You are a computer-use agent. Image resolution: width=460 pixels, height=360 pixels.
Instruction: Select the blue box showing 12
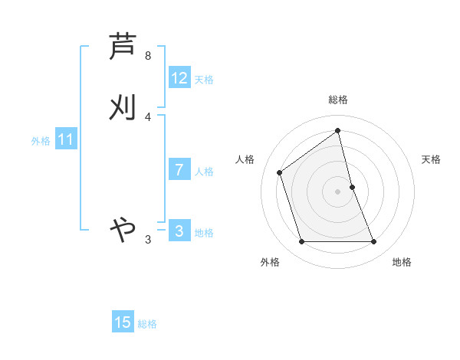[x=179, y=78]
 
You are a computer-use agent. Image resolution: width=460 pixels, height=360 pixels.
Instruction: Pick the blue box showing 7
[x=179, y=170]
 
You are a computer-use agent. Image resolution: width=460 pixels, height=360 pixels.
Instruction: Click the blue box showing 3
[x=179, y=231]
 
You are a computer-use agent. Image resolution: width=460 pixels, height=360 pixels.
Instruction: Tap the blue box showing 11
[x=65, y=140]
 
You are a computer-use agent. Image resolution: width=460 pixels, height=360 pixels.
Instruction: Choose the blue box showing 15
[x=123, y=322]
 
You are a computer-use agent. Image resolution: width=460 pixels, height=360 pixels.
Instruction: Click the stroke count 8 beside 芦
[x=148, y=56]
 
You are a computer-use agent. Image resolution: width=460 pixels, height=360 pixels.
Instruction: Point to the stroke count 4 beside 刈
[x=148, y=116]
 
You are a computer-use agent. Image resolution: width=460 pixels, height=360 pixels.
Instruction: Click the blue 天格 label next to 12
[x=204, y=80]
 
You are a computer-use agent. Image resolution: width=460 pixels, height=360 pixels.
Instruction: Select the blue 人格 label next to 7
[x=204, y=172]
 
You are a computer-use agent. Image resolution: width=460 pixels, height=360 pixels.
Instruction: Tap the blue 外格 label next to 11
[x=41, y=141]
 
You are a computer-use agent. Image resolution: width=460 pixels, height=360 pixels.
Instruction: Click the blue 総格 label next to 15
[x=147, y=324]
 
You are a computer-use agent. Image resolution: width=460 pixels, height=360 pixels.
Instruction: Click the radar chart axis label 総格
[x=338, y=100]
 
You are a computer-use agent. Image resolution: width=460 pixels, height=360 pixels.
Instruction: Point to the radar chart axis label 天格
[x=432, y=159]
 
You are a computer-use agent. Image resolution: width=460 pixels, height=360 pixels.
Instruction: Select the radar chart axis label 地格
[x=402, y=262]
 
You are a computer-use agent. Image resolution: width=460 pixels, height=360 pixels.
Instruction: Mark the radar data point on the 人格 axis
[x=280, y=172]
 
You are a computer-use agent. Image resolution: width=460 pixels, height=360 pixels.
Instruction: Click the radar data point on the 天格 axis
[x=352, y=187]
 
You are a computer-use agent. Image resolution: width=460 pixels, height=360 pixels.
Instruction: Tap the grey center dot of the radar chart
[x=338, y=191]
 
